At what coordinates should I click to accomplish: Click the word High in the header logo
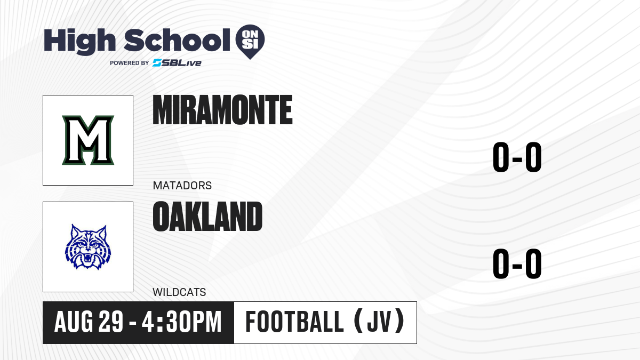[x=80, y=42]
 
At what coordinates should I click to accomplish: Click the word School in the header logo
[x=177, y=41]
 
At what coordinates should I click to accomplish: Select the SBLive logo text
[x=177, y=62]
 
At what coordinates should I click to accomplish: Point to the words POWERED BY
[x=130, y=63]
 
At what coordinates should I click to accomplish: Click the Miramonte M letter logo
[x=88, y=140]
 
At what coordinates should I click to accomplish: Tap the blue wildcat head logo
[x=88, y=247]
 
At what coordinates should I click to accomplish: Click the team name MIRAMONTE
[x=222, y=110]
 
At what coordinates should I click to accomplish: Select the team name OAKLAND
[x=207, y=217]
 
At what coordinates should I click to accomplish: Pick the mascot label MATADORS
[x=182, y=186]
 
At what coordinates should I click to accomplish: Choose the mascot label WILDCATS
[x=179, y=292]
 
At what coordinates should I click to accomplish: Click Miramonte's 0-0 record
[x=517, y=157]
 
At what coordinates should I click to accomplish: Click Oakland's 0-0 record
[x=517, y=263]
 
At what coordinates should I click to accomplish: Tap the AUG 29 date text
[x=89, y=322]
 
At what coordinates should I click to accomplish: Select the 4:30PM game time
[x=182, y=322]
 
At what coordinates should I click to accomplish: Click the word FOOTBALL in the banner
[x=294, y=322]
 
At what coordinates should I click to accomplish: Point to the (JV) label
[x=379, y=322]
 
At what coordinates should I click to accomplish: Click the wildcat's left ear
[x=75, y=231]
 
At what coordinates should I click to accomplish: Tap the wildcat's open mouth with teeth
[x=87, y=259]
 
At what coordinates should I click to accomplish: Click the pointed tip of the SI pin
[x=250, y=59]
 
